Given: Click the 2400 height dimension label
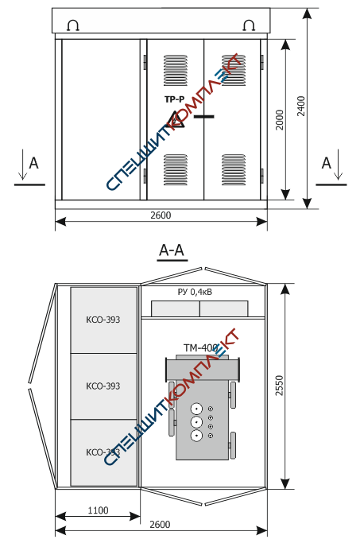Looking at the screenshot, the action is click(301, 106).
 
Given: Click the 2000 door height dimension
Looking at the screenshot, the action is click(280, 120).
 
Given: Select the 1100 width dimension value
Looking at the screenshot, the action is click(98, 510).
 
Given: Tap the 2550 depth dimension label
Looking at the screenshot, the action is click(279, 385).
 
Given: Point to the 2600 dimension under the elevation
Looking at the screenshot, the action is click(161, 215).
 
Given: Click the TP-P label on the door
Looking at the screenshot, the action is click(175, 99).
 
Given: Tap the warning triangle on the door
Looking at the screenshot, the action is click(175, 119).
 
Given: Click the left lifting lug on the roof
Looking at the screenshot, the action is click(73, 25).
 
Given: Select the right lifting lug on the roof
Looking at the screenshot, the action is click(250, 25).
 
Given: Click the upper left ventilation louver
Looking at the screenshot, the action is click(176, 70).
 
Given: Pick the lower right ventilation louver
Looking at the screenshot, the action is click(234, 170).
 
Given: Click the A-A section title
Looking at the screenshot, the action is click(172, 250).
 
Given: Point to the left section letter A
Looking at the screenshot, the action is click(33, 163).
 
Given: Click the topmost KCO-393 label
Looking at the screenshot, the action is click(103, 320).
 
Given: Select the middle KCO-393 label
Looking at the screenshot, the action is click(103, 386).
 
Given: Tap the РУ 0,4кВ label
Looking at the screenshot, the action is click(195, 292).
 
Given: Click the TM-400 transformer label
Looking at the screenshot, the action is click(201, 347).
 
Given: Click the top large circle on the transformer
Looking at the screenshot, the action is click(196, 409).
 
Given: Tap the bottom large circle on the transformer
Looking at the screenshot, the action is click(196, 436).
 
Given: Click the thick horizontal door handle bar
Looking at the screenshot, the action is click(204, 117).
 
